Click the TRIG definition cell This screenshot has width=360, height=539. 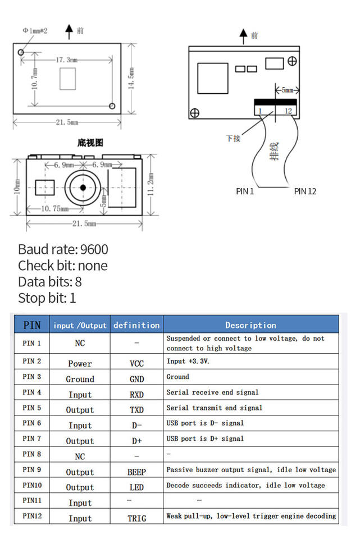coord(136,518)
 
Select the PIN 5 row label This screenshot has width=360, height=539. coord(31,408)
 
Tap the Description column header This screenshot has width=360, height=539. coord(250,325)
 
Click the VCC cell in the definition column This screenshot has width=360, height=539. coord(136,363)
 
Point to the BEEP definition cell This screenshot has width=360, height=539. coord(136,472)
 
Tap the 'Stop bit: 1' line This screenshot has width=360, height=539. coord(47,298)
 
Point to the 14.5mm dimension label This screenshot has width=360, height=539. coord(131,79)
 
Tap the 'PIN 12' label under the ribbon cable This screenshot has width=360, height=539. coord(305,191)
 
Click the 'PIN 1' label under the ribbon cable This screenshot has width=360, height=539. coord(245,191)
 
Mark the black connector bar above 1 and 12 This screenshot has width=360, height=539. coord(275,103)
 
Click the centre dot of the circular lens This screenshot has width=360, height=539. coord(83,187)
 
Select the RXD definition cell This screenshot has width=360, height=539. coord(136,394)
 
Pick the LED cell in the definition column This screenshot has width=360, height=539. coord(136,487)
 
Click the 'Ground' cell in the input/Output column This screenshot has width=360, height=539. coord(80,379)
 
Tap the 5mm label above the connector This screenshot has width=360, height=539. coord(286,90)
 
